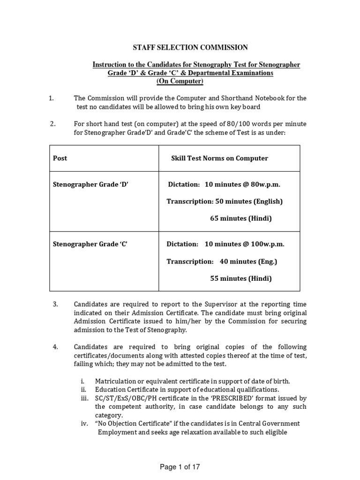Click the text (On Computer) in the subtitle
pos(180,82)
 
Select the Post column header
pos(60,158)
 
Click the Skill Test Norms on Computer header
pos(219,158)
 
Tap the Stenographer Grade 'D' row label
pos(90,185)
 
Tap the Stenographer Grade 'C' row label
pos(90,244)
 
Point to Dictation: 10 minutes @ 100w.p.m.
pos(225,244)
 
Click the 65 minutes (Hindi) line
pos(240,218)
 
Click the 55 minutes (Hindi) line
pos(240,278)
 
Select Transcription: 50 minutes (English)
pos(225,202)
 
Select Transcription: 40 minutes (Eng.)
pos(222,262)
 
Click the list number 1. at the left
pos(52,98)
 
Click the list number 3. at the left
pos(55,304)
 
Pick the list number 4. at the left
pos(55,347)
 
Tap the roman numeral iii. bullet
pos(85,398)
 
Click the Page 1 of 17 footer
pos(180,467)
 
